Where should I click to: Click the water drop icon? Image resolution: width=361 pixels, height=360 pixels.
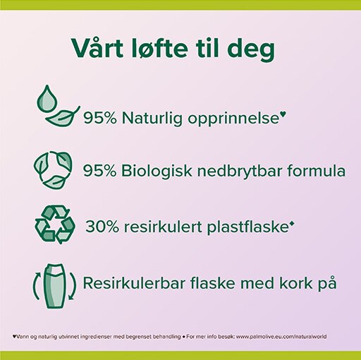[x=47, y=100]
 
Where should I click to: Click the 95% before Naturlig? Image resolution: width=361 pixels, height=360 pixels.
[x=100, y=118]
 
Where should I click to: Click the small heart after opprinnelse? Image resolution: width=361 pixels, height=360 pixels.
[x=284, y=114]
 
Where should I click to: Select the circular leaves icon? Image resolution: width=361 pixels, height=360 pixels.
[x=53, y=170]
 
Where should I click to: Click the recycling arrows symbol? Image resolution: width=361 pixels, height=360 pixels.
[x=55, y=224]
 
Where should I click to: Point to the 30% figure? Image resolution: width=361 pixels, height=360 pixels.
[x=102, y=227]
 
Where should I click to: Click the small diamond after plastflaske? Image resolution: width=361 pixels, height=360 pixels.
[x=292, y=224]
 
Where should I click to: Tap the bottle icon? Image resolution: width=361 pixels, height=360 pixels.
[x=54, y=286]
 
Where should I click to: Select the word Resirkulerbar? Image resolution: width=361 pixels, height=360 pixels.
[x=134, y=283]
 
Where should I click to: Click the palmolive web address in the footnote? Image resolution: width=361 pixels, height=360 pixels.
[x=281, y=337]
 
